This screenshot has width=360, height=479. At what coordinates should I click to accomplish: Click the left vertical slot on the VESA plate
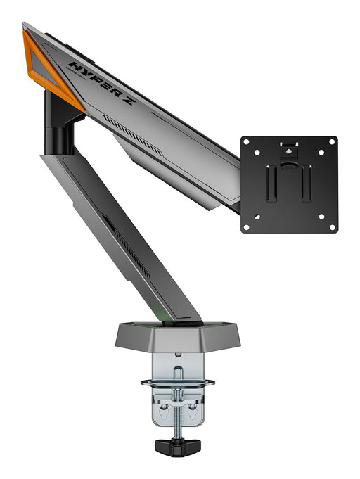point(274,184)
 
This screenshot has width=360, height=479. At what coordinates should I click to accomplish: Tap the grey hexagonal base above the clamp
point(177,336)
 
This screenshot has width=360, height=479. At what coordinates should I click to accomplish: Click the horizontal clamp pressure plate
point(177,383)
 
